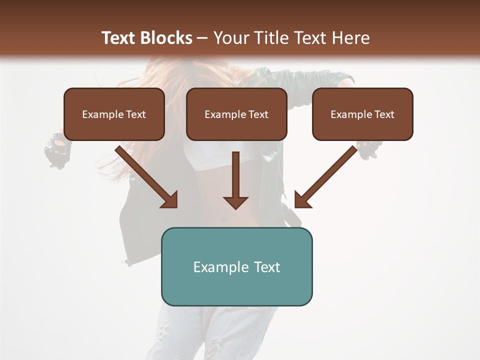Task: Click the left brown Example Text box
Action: tap(114, 114)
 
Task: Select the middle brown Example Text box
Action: tap(236, 114)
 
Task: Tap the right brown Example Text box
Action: tap(362, 114)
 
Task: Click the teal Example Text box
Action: tap(236, 266)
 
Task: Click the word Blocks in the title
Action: tap(166, 38)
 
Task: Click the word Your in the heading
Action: tap(231, 38)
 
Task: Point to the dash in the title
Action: tap(202, 38)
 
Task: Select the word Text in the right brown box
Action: tap(384, 114)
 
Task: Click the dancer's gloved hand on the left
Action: tap(56, 150)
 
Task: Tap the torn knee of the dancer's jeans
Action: tap(215, 345)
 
